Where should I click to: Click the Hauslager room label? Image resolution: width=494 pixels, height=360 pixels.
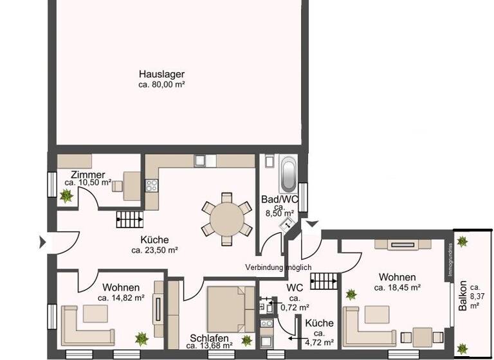pyautogui.click(x=161, y=73)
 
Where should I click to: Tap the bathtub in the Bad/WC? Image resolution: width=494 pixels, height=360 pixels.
pyautogui.click(x=287, y=172)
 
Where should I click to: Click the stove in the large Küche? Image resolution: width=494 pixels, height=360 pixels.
pyautogui.click(x=152, y=185)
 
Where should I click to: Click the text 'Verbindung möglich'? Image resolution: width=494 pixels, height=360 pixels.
pyautogui.click(x=279, y=267)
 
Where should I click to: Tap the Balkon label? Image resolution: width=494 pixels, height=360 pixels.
pyautogui.click(x=462, y=299)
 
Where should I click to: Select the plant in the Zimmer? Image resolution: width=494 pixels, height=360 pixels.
pyautogui.click(x=66, y=197)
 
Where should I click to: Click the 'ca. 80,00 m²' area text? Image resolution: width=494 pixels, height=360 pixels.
pyautogui.click(x=161, y=84)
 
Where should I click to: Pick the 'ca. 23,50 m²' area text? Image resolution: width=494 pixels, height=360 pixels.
pyautogui.click(x=154, y=250)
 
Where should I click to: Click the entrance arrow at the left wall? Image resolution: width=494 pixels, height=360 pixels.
pyautogui.click(x=43, y=242)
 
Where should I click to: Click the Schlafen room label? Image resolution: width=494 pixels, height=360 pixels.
pyautogui.click(x=210, y=338)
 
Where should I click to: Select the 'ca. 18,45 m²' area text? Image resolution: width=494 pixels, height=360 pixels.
pyautogui.click(x=398, y=287)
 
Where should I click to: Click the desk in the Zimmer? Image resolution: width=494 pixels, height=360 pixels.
pyautogui.click(x=132, y=185)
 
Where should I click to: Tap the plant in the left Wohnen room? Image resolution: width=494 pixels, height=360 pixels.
pyautogui.click(x=142, y=337)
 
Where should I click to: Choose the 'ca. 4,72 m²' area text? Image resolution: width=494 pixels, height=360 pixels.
pyautogui.click(x=320, y=343)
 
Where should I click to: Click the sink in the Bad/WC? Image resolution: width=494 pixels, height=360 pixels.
pyautogui.click(x=289, y=222)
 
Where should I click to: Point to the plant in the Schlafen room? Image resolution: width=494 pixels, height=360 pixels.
pyautogui.click(x=246, y=339)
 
